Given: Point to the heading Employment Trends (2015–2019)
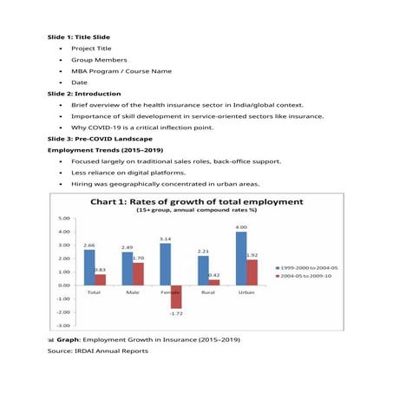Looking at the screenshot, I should pyautogui.click(x=93, y=150).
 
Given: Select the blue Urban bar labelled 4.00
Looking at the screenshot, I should pyautogui.click(x=240, y=258).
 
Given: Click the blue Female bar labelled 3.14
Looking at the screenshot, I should pyautogui.click(x=165, y=264).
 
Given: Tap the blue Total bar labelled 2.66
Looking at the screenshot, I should pyautogui.click(x=89, y=267).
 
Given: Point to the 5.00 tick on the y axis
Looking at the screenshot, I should pyautogui.click(x=63, y=219).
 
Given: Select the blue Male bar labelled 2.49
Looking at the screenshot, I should pyautogui.click(x=127, y=268).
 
